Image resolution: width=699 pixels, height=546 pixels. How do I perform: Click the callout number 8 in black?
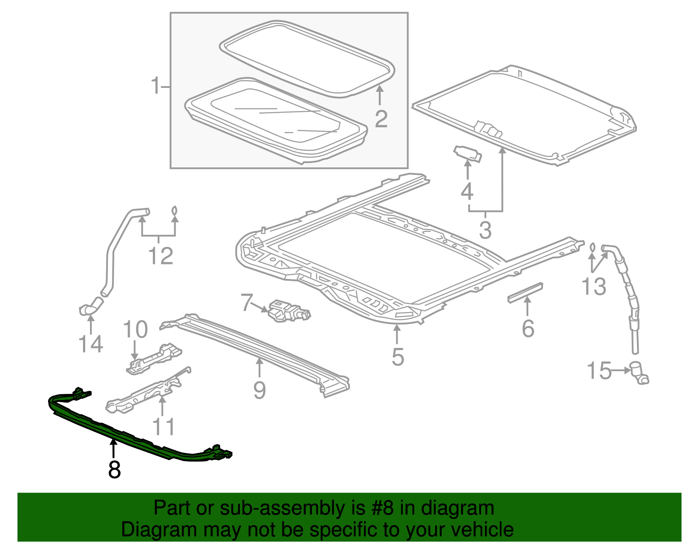click(x=114, y=469)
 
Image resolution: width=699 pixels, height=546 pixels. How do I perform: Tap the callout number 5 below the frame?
click(x=398, y=357)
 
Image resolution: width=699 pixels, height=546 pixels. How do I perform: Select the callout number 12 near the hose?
click(x=160, y=256)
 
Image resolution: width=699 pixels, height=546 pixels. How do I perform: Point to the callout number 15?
click(x=599, y=371)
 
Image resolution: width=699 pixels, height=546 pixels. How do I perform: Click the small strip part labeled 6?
click(x=525, y=292)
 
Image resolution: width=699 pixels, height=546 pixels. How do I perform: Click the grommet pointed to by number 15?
click(x=639, y=373)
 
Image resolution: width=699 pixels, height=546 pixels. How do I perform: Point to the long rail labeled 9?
click(x=258, y=350)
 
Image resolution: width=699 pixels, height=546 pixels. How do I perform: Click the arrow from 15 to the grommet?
click(x=620, y=371)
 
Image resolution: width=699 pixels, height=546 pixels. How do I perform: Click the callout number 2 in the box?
click(x=381, y=119)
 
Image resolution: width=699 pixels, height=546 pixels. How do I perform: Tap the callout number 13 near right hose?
click(x=594, y=287)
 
